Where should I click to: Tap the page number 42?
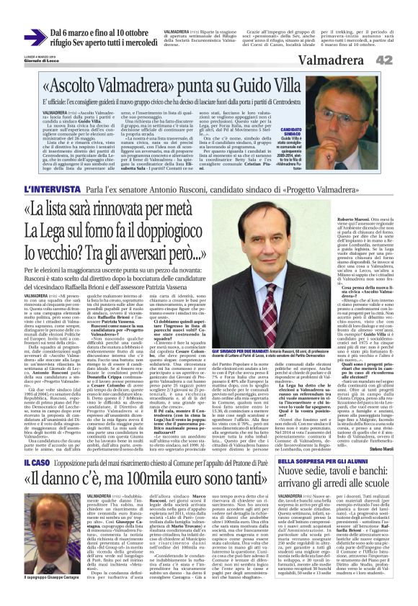point(402,60)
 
